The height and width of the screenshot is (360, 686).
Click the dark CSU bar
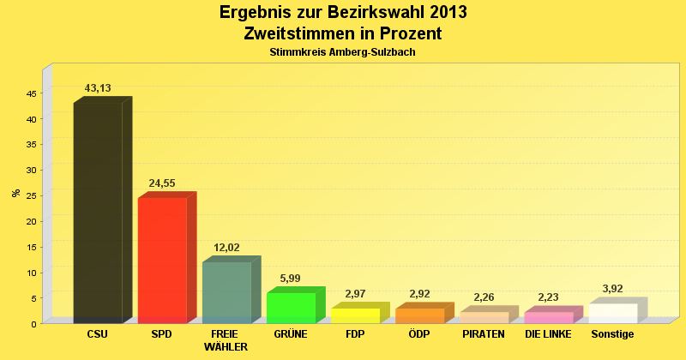[98, 213]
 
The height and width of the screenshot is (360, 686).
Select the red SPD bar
[162, 260]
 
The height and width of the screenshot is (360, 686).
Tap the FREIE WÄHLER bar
[226, 292]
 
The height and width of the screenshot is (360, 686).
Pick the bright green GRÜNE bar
[291, 308]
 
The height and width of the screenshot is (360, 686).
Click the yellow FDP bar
[355, 315]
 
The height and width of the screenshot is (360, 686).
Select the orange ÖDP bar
[419, 315]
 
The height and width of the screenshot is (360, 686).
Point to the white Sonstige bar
[612, 313]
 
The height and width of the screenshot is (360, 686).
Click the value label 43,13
[98, 88]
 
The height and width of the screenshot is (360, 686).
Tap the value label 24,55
[162, 183]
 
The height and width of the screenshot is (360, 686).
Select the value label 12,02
[226, 248]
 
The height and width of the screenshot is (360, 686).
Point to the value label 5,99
[291, 279]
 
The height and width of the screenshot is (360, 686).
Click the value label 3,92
[612, 289]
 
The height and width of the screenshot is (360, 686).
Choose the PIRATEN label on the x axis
[484, 334]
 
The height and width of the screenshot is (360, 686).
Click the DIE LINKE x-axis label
[548, 334]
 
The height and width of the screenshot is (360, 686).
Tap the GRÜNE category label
[291, 334]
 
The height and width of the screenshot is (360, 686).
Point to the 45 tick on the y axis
[32, 93]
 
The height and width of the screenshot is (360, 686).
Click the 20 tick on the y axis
[32, 221]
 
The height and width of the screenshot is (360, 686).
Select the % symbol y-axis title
[15, 193]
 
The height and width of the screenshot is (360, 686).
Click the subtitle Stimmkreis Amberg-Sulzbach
[343, 52]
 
